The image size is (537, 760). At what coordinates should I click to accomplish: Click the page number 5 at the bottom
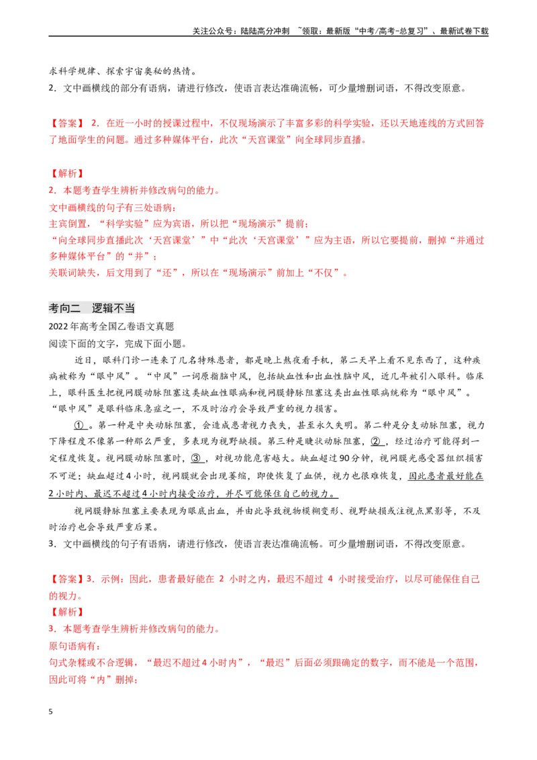click(x=50, y=712)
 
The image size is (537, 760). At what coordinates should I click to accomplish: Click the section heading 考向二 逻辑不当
click(x=91, y=307)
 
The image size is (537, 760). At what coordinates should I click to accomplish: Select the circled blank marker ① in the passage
click(x=81, y=425)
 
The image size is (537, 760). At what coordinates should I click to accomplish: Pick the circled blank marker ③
click(x=196, y=458)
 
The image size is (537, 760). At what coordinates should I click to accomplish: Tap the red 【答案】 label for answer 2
click(x=67, y=123)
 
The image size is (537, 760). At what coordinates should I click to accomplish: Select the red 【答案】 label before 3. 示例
click(x=67, y=579)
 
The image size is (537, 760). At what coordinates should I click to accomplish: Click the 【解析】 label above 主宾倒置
click(x=67, y=173)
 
